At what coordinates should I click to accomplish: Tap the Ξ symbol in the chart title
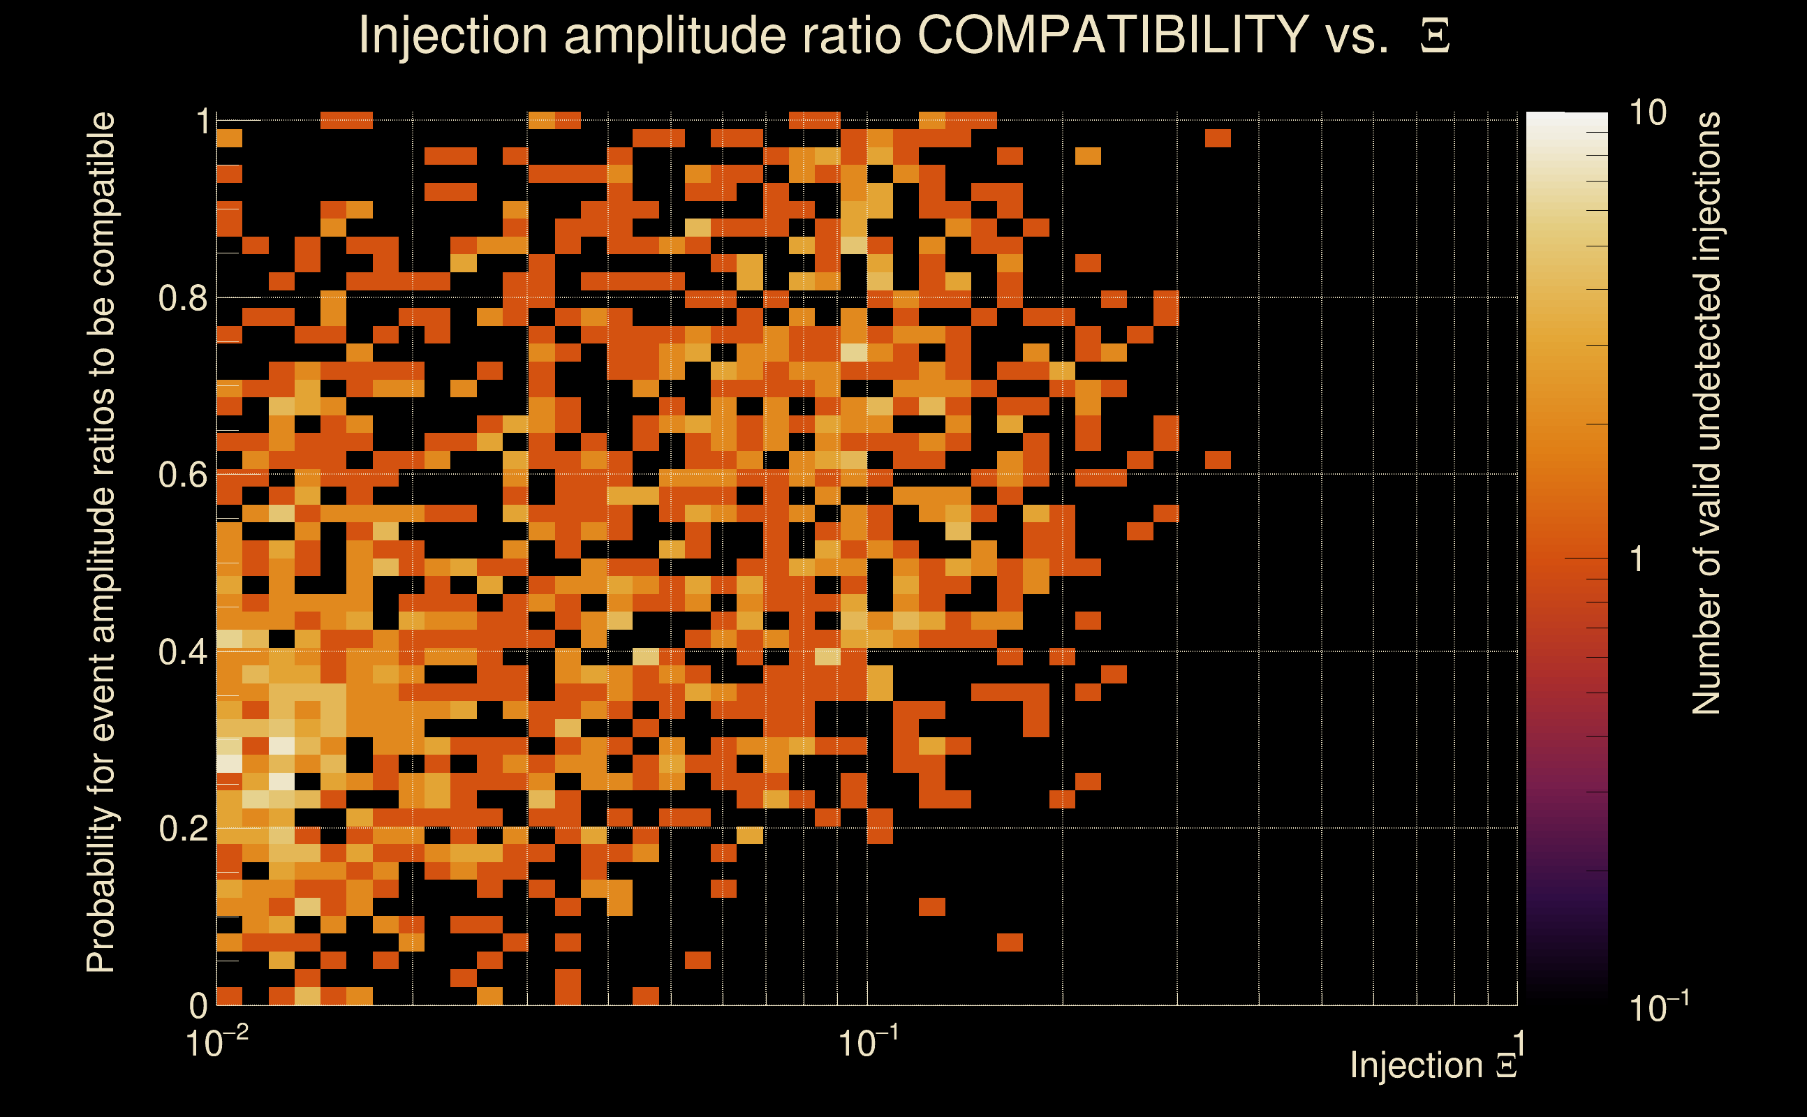[1435, 36]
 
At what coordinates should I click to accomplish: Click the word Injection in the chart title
[452, 35]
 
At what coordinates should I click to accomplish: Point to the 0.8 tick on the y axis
[182, 299]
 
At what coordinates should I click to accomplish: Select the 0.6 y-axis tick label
[182, 475]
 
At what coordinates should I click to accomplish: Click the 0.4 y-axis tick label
[182, 652]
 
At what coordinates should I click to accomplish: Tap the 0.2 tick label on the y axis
[182, 829]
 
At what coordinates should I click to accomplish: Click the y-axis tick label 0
[198, 1005]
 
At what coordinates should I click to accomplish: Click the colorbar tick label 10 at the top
[1647, 113]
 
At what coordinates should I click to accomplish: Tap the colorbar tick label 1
[1637, 559]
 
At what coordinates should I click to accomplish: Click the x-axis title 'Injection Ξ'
[1433, 1065]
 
